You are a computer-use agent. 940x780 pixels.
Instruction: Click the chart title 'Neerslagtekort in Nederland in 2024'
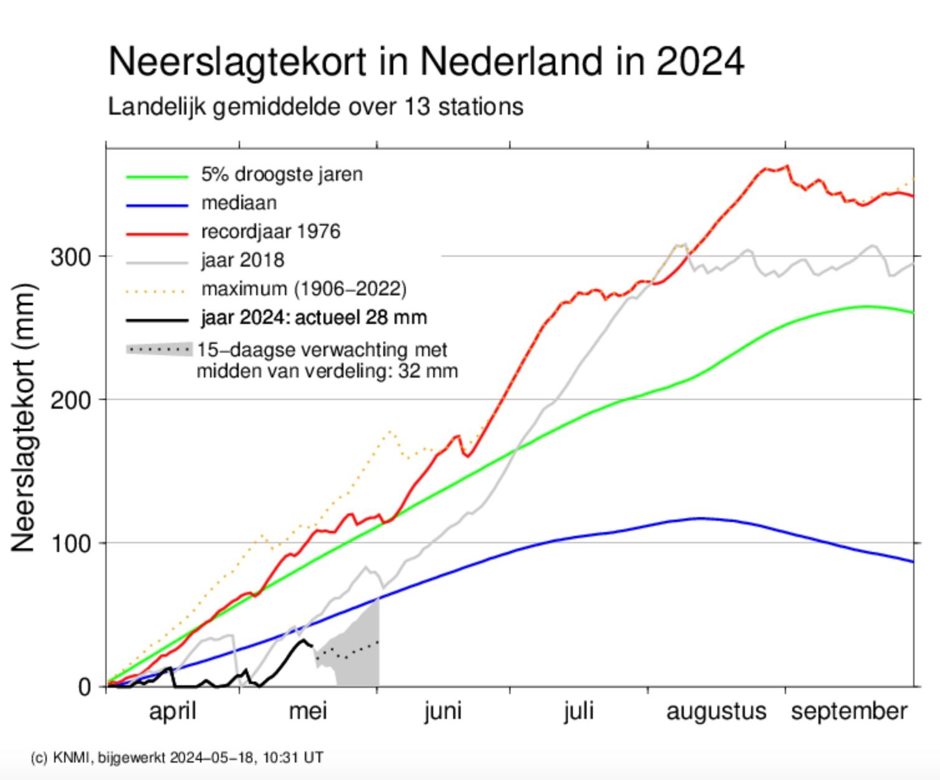click(x=426, y=62)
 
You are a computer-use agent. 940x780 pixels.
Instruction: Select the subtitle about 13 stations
click(x=315, y=107)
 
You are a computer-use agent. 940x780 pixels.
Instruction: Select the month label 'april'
click(x=173, y=711)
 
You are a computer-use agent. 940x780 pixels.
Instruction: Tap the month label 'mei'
click(x=308, y=711)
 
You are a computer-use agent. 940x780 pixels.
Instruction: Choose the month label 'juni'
click(x=443, y=711)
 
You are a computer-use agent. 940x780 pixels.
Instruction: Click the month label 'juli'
click(x=578, y=711)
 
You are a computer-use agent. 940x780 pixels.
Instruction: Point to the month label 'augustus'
click(x=716, y=711)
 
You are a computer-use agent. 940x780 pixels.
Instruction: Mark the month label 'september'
click(x=849, y=711)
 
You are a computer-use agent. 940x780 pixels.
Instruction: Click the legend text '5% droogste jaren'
click(x=282, y=174)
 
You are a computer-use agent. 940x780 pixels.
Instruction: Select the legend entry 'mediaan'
click(x=239, y=203)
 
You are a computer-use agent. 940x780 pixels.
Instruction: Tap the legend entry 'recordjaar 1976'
click(x=271, y=232)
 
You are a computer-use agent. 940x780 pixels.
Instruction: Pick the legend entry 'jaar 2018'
click(x=242, y=260)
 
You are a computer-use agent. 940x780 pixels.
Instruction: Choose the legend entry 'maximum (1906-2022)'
click(x=304, y=288)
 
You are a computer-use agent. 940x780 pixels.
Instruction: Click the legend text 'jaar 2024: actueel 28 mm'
click(x=314, y=318)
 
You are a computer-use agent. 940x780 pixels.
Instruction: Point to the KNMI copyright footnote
click(x=177, y=758)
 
